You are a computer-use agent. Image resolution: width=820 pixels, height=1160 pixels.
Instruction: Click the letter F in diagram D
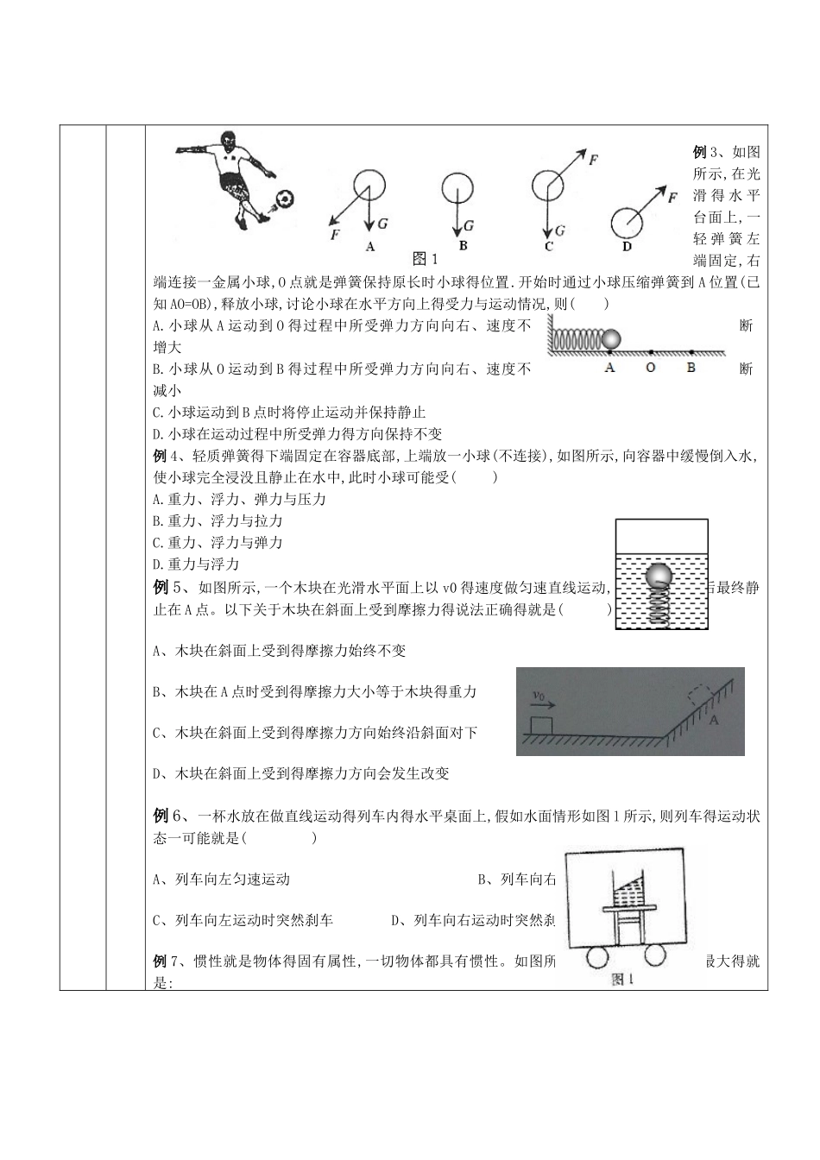point(672,197)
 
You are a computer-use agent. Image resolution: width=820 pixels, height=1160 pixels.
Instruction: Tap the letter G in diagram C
point(559,231)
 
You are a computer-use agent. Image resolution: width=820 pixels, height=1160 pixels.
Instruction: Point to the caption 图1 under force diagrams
point(426,258)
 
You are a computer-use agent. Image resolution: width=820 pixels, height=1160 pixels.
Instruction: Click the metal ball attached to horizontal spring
point(611,340)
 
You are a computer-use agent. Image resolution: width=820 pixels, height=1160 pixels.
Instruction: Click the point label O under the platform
point(650,367)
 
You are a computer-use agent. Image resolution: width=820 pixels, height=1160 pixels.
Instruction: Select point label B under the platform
point(691,367)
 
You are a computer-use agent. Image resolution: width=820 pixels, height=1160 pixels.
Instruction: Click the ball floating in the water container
point(660,577)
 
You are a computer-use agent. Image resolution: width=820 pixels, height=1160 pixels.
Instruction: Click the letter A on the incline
point(713,718)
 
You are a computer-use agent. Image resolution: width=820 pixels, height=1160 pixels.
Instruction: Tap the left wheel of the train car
point(598,958)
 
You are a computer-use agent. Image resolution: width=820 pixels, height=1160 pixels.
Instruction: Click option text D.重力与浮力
point(184,564)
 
